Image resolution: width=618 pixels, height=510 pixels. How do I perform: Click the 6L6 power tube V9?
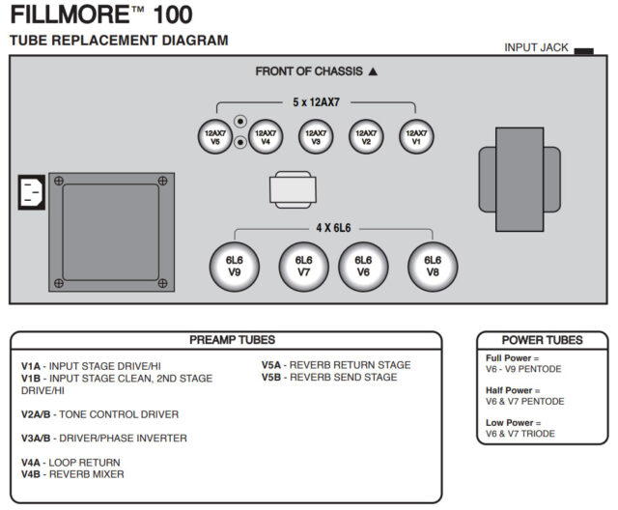coord(234,266)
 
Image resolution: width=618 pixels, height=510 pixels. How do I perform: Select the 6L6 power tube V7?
coord(303,266)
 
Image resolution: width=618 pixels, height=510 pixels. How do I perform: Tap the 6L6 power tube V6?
coord(363,266)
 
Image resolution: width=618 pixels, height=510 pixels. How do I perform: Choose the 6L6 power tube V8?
coord(433,266)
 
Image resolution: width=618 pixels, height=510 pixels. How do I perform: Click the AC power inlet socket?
coord(31,191)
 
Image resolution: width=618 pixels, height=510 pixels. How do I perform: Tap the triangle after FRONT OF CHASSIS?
coord(373,71)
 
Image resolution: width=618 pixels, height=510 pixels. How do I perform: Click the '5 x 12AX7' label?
coord(316,102)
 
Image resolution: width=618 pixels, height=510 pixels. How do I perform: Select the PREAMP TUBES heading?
coord(232,340)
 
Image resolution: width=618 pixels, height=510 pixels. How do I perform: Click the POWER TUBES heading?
coord(542,340)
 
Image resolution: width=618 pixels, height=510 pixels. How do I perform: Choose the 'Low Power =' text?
coord(512,422)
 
